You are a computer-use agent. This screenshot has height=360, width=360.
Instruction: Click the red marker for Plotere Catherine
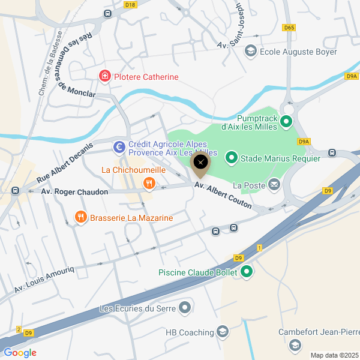(105, 76)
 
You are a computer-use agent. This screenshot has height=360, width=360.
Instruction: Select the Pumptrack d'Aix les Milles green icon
(287, 122)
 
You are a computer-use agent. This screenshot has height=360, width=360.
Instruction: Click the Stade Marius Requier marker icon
(231, 158)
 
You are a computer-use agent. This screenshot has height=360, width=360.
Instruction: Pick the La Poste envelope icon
(275, 185)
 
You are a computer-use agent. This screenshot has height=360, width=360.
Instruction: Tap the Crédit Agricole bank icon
(119, 146)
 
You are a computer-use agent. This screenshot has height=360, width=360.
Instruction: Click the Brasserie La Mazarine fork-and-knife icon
(79, 217)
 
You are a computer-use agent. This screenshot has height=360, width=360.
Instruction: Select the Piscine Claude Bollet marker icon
(247, 272)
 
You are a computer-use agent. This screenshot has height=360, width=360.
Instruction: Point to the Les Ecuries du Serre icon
(184, 308)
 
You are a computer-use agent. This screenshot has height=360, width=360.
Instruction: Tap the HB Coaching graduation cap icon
(223, 332)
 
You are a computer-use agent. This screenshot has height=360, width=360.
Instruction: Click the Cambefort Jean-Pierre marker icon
(295, 345)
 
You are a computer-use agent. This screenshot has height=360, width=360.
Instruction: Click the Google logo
(20, 353)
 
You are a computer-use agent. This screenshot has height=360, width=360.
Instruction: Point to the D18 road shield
(131, 4)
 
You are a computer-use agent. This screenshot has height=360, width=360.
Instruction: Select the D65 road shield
(290, 27)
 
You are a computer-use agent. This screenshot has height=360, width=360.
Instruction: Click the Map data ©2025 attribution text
(333, 355)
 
